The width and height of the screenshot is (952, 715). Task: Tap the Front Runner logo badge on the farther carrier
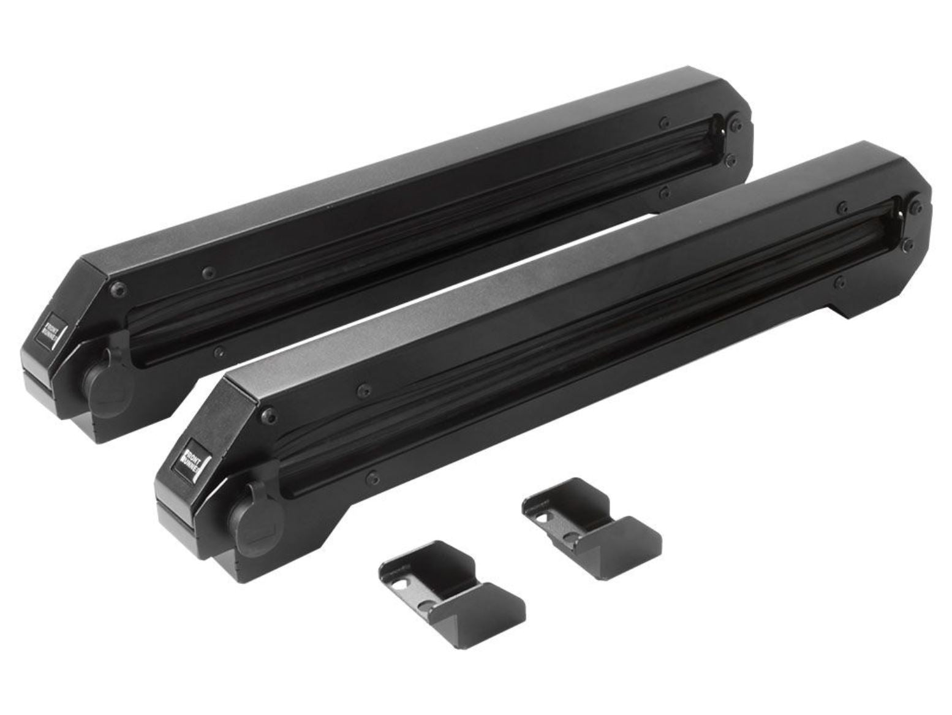[x=48, y=330]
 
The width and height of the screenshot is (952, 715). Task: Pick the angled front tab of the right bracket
[x=635, y=540]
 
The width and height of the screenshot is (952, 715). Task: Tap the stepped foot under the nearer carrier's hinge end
[x=855, y=306]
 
